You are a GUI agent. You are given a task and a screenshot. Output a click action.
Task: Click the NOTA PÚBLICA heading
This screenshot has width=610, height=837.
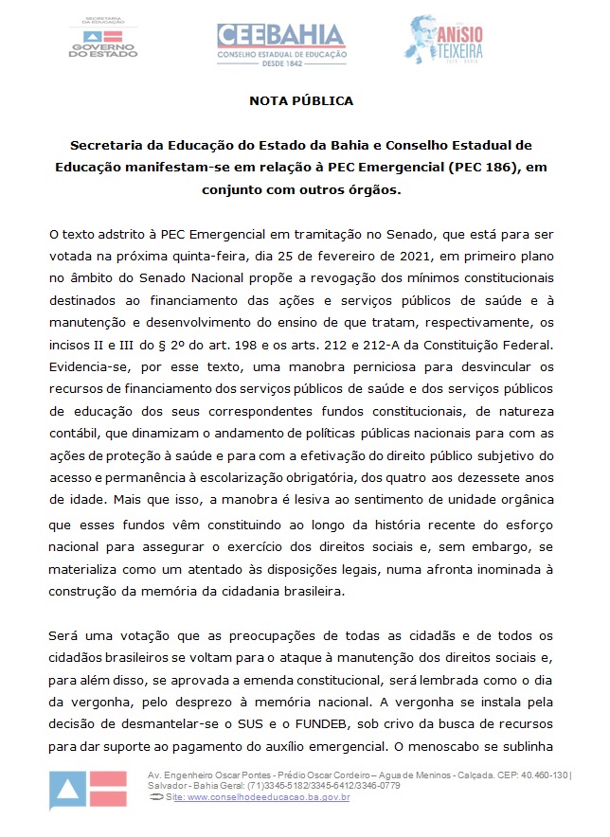pos(301,99)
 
